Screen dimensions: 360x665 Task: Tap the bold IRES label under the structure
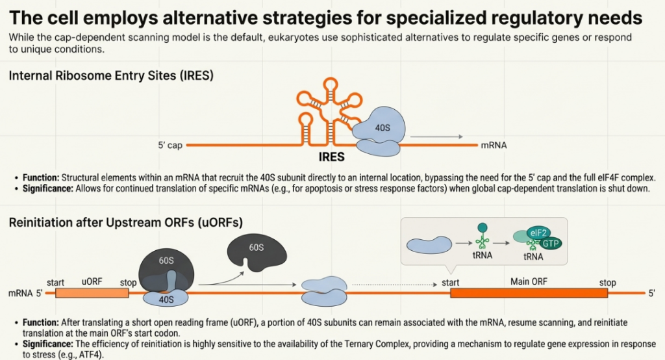pyautogui.click(x=331, y=158)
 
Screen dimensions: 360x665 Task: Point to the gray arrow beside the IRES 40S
pyautogui.click(x=436, y=137)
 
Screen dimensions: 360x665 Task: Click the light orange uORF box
pyautogui.click(x=92, y=293)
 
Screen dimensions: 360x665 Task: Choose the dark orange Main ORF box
pyautogui.click(x=529, y=293)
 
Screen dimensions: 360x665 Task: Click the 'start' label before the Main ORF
pyautogui.click(x=451, y=283)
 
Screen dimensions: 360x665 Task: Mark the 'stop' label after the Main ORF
pyautogui.click(x=607, y=283)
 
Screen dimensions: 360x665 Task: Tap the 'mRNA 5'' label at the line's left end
pyautogui.click(x=25, y=293)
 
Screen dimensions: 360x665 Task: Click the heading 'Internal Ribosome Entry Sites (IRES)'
pyautogui.click(x=111, y=76)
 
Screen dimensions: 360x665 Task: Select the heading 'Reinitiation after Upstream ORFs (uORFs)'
pyautogui.click(x=126, y=222)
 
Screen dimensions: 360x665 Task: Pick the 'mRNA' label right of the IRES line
pyautogui.click(x=493, y=146)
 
